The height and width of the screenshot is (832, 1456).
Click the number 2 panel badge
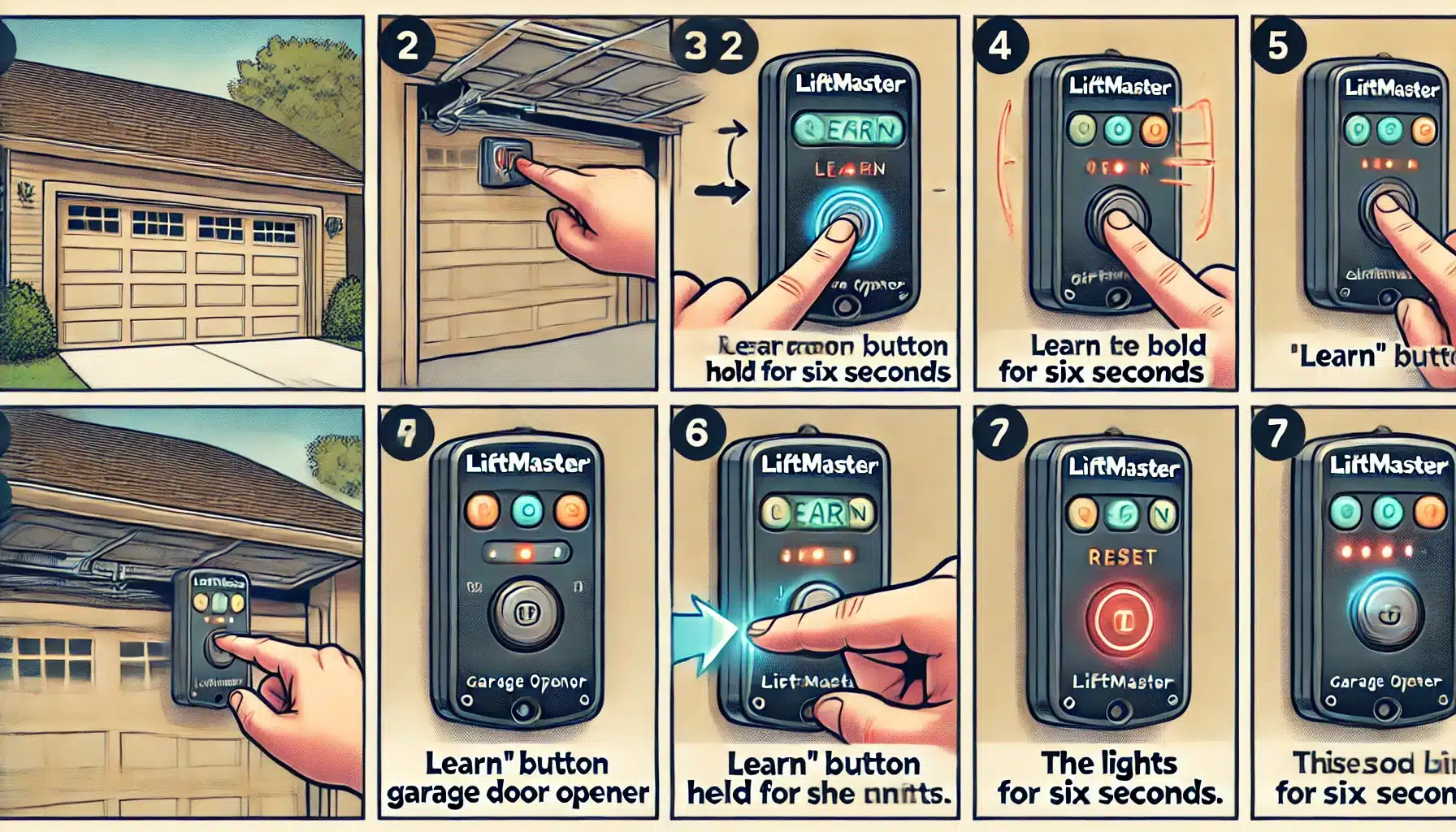point(407,45)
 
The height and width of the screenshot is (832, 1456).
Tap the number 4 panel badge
point(999,45)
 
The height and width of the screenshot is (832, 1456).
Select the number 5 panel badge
point(1277,45)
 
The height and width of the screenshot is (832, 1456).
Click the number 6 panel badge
point(696,433)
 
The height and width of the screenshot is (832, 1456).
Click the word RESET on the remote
point(1121,557)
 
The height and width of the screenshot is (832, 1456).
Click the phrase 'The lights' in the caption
point(1109,764)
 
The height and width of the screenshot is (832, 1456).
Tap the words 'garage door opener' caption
point(518,793)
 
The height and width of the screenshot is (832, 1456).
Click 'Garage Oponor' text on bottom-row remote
point(526,682)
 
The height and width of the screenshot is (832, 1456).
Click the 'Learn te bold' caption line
point(1117,346)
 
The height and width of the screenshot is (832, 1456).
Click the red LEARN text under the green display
point(850,169)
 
